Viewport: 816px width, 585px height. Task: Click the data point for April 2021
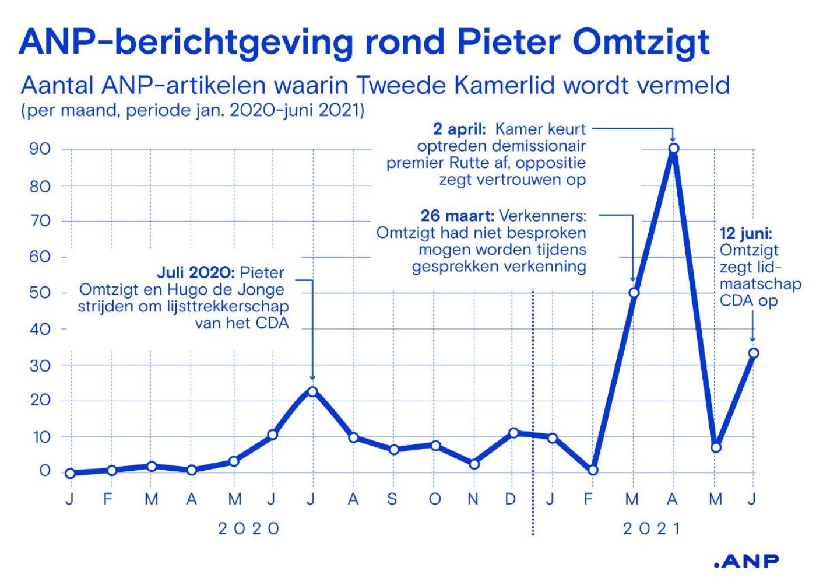pos(674,148)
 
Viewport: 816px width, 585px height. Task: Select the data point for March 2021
pos(634,293)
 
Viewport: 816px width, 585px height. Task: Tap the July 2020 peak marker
pos(312,392)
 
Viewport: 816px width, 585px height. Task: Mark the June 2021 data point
pos(754,353)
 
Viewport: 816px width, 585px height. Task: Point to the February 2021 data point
pos(593,470)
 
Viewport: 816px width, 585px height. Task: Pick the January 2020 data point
pos(71,473)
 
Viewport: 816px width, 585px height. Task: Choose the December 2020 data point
pos(513,433)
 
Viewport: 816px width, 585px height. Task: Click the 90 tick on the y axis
pos(40,149)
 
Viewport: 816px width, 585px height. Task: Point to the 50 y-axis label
pos(40,293)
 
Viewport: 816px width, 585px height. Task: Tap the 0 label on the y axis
pos(44,471)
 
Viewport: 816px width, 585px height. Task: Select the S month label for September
pos(392,499)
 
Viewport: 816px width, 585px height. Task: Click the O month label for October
pos(435,499)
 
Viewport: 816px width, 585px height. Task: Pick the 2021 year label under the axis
pos(652,529)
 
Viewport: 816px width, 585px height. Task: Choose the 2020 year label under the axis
pos(249,529)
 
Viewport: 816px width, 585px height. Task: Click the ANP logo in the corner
pos(746,561)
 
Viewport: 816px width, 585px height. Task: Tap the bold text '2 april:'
pos(459,129)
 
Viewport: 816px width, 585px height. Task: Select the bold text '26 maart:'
pos(458,216)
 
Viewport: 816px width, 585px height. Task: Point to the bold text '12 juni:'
pos(746,233)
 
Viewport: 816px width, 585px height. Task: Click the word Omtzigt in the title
pos(641,43)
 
